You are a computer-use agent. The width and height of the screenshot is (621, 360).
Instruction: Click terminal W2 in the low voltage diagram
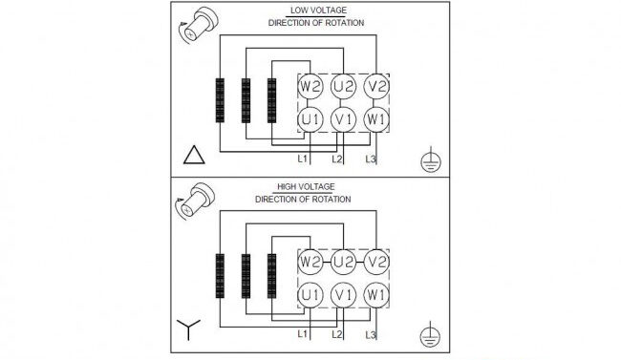[310, 86]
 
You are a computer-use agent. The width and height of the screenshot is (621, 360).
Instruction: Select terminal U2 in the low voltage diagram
[343, 86]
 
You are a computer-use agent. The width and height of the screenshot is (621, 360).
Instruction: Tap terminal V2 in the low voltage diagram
[376, 86]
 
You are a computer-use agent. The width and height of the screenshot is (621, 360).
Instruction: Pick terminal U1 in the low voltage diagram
[310, 119]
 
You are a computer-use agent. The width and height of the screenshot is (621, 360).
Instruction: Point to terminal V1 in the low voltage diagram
[343, 119]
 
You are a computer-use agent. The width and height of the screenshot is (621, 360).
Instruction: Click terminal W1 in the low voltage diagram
[376, 119]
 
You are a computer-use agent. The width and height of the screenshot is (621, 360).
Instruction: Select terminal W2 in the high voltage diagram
[310, 263]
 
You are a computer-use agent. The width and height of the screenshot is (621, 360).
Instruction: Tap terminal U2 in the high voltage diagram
[343, 263]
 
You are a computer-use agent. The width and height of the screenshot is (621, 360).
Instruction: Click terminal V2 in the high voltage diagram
[376, 263]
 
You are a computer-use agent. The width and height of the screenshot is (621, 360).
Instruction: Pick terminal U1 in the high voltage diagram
[310, 295]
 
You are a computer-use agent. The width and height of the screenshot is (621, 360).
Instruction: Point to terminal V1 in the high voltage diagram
[343, 295]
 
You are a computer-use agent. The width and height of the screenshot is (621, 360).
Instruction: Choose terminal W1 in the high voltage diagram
[376, 295]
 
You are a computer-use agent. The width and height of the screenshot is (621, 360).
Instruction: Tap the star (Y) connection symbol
[188, 328]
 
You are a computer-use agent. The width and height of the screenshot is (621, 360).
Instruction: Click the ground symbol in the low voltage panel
[431, 159]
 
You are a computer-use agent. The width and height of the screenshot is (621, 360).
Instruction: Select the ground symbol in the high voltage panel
[431, 334]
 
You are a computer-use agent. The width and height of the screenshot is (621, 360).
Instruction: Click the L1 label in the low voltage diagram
[302, 159]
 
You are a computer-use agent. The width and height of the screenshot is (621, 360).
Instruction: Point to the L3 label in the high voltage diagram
[371, 335]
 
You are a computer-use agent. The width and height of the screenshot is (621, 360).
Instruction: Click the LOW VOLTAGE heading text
[318, 11]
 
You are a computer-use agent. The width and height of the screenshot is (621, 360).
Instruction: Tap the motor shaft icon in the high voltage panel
[195, 201]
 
